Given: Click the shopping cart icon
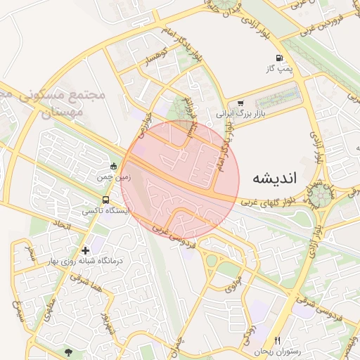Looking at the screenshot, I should pos(241,103).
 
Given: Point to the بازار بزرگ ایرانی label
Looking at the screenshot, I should pos(240,113).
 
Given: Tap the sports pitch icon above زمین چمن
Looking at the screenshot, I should pos(114,167).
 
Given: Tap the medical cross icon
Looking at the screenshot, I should pos(86,250).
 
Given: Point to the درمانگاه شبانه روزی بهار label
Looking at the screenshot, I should pos(90,261).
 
